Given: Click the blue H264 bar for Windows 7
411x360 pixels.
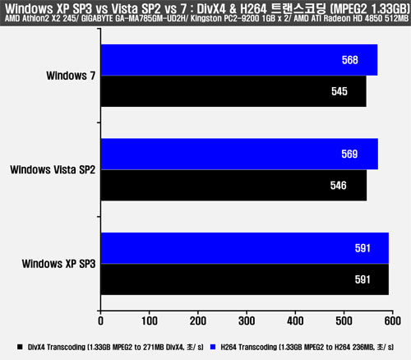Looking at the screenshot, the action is pos(239,60).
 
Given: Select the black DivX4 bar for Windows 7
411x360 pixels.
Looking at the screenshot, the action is pos(233,91).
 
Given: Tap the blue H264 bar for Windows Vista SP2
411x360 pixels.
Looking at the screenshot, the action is pos(239,154).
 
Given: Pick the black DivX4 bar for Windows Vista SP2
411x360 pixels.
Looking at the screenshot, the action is pos(233,185).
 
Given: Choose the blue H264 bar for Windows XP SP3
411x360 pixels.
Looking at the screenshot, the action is pos(245,248).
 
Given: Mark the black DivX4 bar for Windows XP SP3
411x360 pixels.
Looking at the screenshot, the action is pos(245,279).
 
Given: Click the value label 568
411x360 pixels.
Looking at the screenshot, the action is pos(350,60).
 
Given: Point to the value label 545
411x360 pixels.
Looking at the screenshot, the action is pos(339,91).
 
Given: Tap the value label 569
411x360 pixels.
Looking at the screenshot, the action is pos(349,154).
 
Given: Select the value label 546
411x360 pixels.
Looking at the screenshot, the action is pos(339,186).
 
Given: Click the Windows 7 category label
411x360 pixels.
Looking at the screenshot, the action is pos(71,76).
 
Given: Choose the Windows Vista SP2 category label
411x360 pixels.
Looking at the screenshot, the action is pos(53,170).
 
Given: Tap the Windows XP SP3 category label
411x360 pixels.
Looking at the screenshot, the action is pos(58,264).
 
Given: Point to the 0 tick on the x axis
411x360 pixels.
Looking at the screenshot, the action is pos(101,321).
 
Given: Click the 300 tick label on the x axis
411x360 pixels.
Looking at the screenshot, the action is pos(247,321).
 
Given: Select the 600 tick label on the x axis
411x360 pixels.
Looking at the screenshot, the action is pos(393,321).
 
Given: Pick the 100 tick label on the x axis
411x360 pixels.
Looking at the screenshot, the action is pos(150,321).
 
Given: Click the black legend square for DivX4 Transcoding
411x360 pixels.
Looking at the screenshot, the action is pos(20,347).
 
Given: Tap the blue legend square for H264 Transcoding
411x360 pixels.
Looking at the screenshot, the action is pos(213,347).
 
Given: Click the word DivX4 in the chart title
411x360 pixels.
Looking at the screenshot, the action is pos(211,9).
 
